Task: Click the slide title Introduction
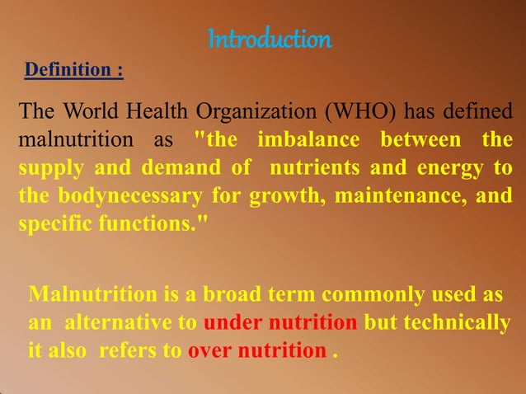pos(269,38)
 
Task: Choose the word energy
pos(444,168)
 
